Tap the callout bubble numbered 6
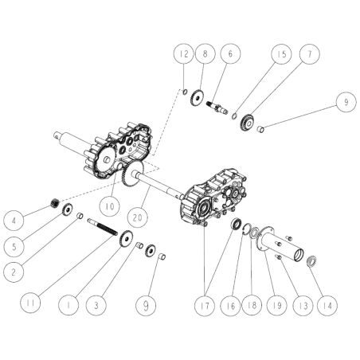pyautogui.click(x=230, y=53)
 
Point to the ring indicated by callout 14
pyautogui.click(x=314, y=260)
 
